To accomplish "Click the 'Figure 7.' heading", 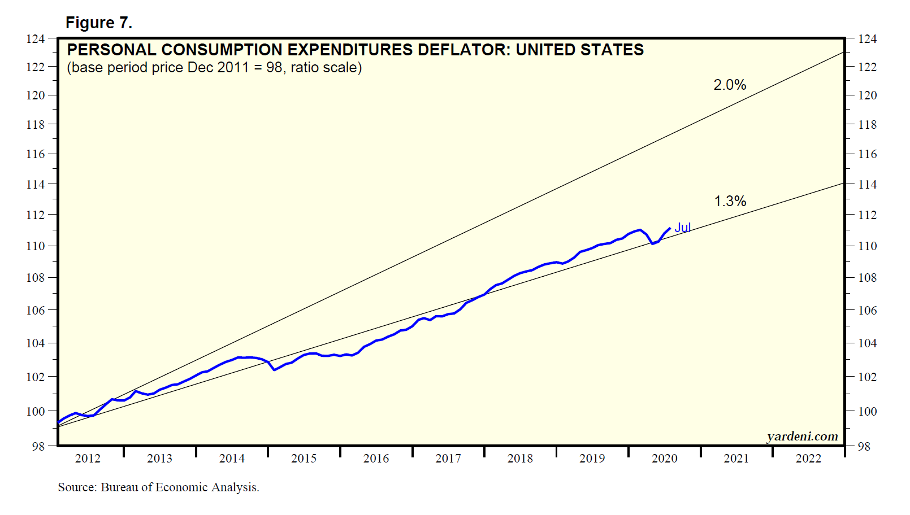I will pyautogui.click(x=99, y=23).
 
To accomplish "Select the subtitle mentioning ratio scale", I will pyautogui.click(x=214, y=68).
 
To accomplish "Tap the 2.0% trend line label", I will pyautogui.click(x=730, y=85).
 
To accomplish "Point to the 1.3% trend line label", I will pyautogui.click(x=730, y=201).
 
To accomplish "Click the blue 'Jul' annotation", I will pyautogui.click(x=683, y=228).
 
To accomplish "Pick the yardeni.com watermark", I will pyautogui.click(x=802, y=437).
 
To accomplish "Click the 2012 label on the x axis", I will pyautogui.click(x=88, y=459).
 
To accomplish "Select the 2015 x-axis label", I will pyautogui.click(x=304, y=459).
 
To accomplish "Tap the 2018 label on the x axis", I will pyautogui.click(x=520, y=459).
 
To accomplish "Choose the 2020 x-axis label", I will pyautogui.click(x=664, y=459).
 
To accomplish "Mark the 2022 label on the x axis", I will pyautogui.click(x=808, y=459).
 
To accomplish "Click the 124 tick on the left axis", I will pyautogui.click(x=36, y=39).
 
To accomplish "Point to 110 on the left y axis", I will pyautogui.click(x=36, y=246).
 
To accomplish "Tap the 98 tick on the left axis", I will pyautogui.click(x=38, y=446).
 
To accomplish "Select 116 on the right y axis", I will pyautogui.click(x=868, y=154).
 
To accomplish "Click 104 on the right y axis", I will pyautogui.click(x=868, y=343).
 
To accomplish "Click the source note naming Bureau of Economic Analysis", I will pyautogui.click(x=158, y=487).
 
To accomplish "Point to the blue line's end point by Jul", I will pyautogui.click(x=670, y=228).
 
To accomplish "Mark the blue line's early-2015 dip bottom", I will pyautogui.click(x=275, y=370).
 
